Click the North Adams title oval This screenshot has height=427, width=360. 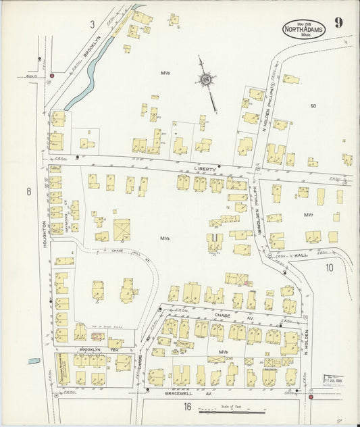pos(304,29)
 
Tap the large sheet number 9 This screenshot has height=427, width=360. pos(338,22)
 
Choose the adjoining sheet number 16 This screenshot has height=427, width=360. pos(187,406)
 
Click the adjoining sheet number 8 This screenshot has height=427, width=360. pos(28,192)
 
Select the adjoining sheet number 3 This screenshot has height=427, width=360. pos(91,24)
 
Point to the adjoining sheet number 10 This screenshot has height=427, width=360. pos(329,268)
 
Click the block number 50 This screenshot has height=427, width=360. pos(313,106)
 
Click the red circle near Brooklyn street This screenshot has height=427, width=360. pos(51,76)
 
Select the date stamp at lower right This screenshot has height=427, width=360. pos(333,380)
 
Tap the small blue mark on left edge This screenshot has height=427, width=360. pos(33,361)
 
